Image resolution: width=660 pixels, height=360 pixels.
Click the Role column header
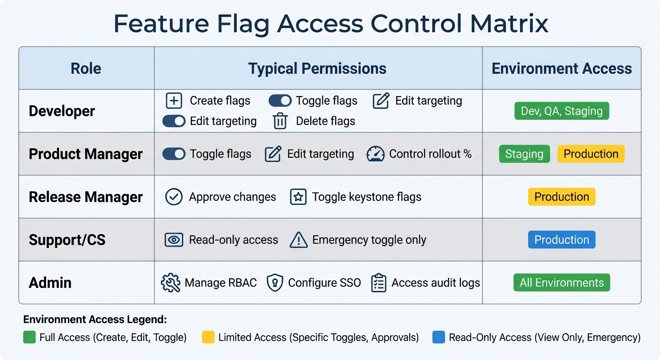click(x=86, y=68)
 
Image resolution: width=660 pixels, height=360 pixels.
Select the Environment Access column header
click(x=562, y=68)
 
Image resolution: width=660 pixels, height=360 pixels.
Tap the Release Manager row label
click(x=86, y=197)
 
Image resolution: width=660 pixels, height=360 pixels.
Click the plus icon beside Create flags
click(x=174, y=101)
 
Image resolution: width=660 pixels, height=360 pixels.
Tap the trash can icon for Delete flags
click(x=280, y=121)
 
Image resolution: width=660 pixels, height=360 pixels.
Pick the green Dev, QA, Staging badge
click(x=562, y=111)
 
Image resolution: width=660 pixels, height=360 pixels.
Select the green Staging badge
click(x=524, y=154)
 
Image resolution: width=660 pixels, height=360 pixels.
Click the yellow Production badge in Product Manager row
click(x=591, y=154)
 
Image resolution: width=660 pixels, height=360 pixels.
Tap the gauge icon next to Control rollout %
click(x=375, y=154)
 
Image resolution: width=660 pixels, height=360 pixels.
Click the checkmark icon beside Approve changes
click(x=174, y=197)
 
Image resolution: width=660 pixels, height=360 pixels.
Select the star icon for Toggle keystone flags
click(x=298, y=197)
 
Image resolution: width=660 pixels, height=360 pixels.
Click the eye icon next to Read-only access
click(x=174, y=240)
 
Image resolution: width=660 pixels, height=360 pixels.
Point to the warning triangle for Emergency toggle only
click(x=298, y=240)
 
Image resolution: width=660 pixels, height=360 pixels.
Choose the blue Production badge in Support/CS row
click(x=562, y=240)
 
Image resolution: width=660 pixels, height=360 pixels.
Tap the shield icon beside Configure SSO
click(x=275, y=283)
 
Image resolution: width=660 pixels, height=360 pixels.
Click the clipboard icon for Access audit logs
click(x=378, y=283)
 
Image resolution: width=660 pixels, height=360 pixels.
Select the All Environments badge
click(x=562, y=283)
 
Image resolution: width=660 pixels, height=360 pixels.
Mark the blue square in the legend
click(x=438, y=337)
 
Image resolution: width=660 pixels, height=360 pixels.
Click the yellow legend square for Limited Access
click(x=208, y=337)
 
